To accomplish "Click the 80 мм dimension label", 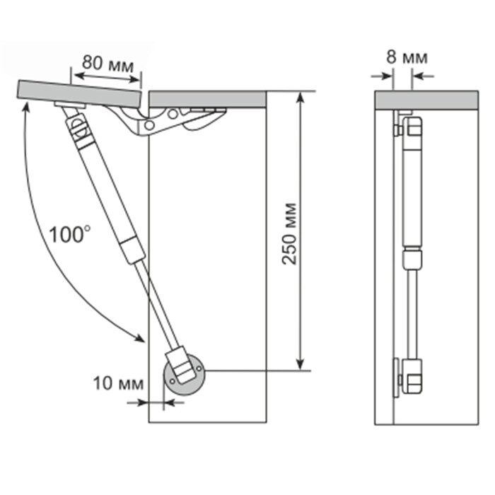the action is (x=108, y=63).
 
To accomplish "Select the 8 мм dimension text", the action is (x=407, y=57).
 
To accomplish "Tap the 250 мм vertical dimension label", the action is (x=289, y=233).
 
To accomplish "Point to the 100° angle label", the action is (x=70, y=234).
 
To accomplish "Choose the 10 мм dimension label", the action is (x=118, y=383).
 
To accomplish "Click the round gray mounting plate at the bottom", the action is (x=185, y=375).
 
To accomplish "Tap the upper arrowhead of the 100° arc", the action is (x=27, y=107).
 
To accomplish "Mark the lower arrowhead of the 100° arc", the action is (x=140, y=338).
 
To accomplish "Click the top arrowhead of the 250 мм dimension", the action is (x=301, y=98).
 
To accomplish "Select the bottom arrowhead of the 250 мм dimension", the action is (x=301, y=364).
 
